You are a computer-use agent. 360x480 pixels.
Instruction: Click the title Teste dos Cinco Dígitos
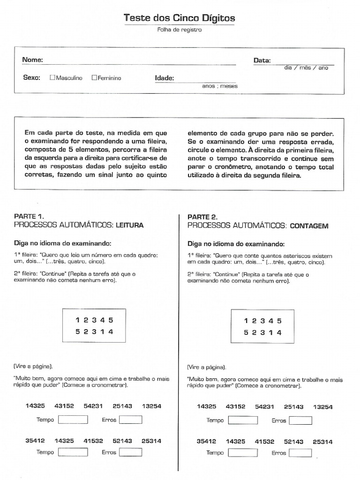[180, 18]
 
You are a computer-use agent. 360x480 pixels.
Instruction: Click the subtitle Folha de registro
[180, 30]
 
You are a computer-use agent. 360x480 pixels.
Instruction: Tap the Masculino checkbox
[52, 78]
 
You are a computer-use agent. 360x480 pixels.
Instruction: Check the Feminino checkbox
[94, 78]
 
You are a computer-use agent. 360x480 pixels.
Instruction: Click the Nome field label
[33, 60]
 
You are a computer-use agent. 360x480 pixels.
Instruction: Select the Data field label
[262, 60]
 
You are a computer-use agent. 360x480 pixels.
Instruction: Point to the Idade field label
[164, 78]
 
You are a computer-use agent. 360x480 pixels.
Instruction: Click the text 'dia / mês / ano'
[306, 68]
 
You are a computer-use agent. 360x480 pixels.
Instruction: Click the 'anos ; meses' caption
[219, 86]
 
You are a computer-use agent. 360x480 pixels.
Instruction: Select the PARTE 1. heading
[29, 217]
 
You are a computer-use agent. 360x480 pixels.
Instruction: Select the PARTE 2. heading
[202, 217]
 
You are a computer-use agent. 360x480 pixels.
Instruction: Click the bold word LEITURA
[130, 225]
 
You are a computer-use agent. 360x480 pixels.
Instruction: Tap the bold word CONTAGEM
[309, 225]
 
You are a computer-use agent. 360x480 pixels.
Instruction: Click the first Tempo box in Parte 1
[73, 420]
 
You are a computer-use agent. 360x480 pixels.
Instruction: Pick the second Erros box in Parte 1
[130, 452]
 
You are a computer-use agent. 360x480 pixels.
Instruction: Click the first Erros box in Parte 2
[300, 420]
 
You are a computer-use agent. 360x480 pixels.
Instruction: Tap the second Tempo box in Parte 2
[242, 453]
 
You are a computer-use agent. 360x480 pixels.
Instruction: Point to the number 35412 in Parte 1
[35, 441]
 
